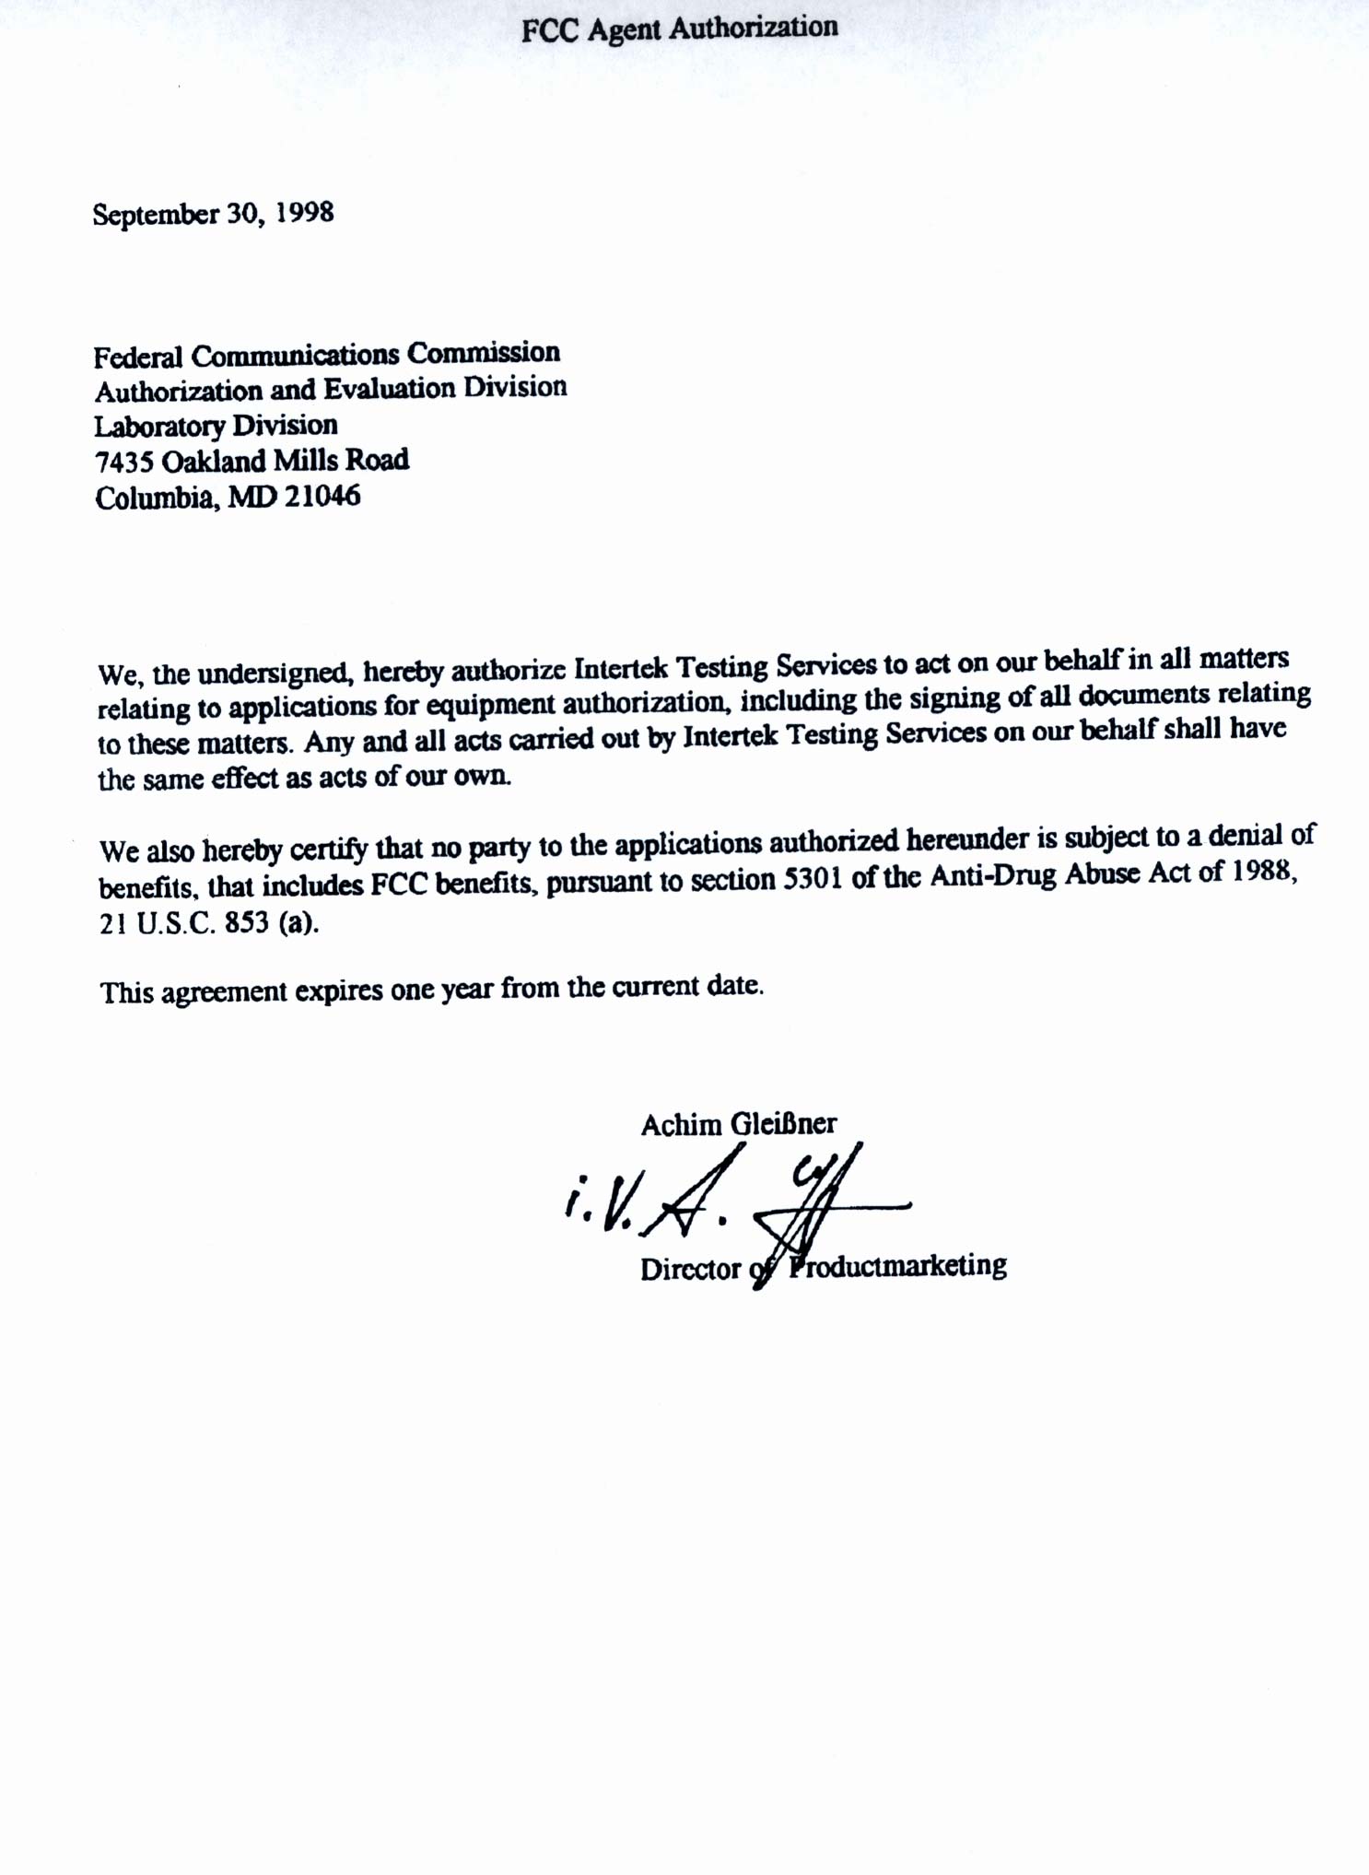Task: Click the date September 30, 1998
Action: click(213, 214)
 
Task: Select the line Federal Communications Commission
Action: click(327, 354)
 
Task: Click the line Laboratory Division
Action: click(216, 426)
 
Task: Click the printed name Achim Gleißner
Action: click(739, 1124)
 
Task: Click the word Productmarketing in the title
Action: click(898, 1264)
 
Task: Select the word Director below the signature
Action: click(691, 1270)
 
